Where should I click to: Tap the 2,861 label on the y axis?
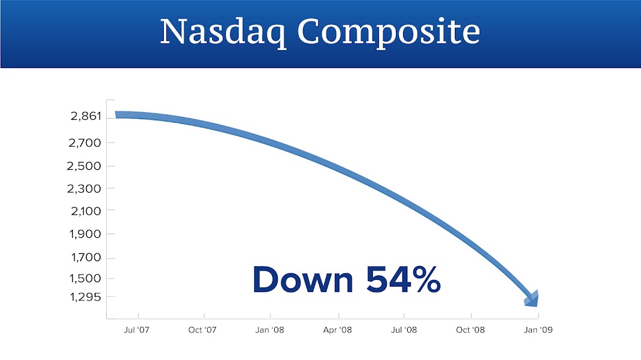(x=86, y=116)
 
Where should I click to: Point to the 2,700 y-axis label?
(x=84, y=143)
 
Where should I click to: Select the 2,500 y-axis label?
(x=84, y=166)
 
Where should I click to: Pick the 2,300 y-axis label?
(x=84, y=189)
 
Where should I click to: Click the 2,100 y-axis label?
(x=86, y=211)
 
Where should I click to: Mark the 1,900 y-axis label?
(x=85, y=234)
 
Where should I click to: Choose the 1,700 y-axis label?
(x=86, y=258)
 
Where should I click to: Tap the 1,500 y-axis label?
(x=85, y=279)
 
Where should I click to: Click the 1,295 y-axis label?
(x=86, y=297)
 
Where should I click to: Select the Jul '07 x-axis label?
(x=137, y=330)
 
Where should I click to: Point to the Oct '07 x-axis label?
(x=202, y=330)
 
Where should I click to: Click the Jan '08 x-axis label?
(x=269, y=330)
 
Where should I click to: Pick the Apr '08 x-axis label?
(x=337, y=330)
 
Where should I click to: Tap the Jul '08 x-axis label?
(x=404, y=330)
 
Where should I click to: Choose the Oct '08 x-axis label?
(x=471, y=330)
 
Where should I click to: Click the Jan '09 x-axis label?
(x=538, y=330)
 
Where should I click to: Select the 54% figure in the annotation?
(x=404, y=279)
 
